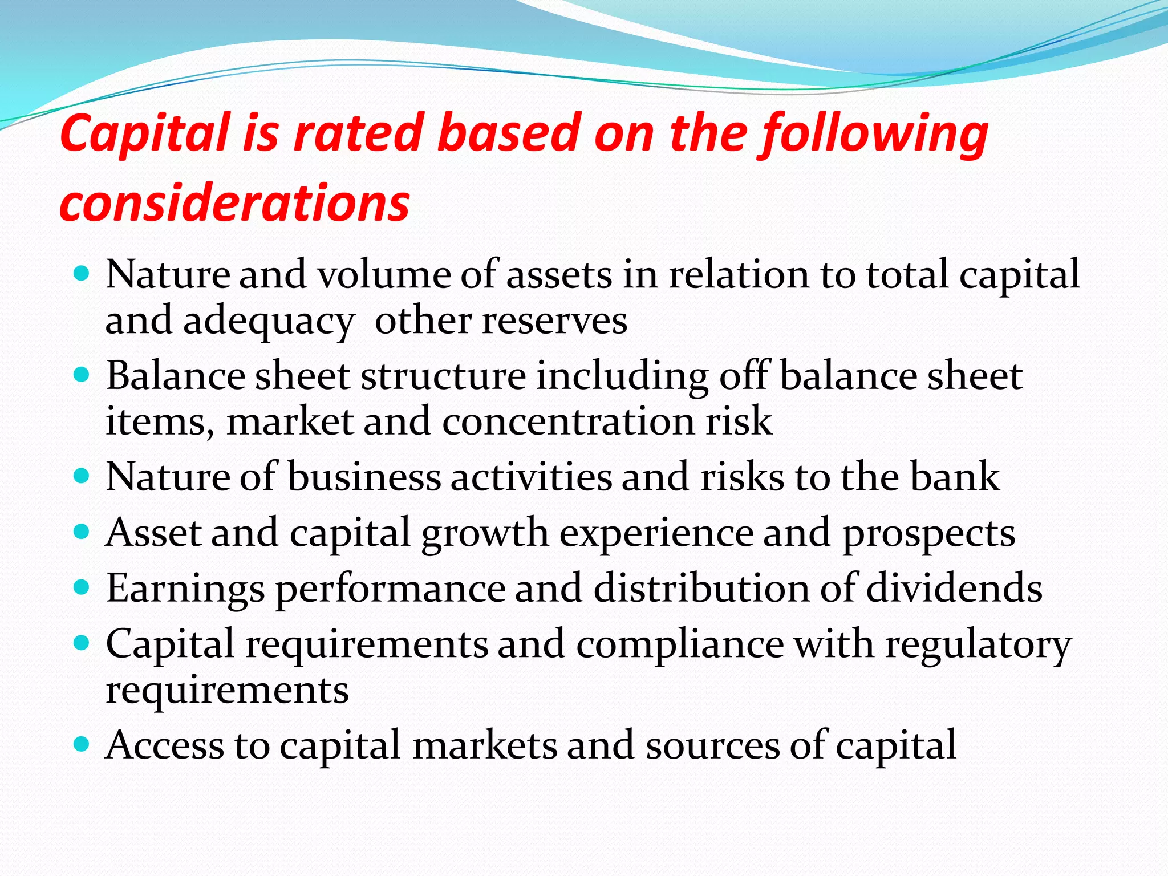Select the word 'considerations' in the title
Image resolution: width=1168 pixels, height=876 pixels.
point(234,203)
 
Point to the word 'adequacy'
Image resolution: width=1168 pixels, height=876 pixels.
point(269,322)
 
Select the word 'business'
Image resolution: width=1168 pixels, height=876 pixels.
point(363,476)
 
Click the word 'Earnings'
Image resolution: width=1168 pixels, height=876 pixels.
point(186,589)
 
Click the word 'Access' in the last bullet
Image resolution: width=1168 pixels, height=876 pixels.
point(165,745)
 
